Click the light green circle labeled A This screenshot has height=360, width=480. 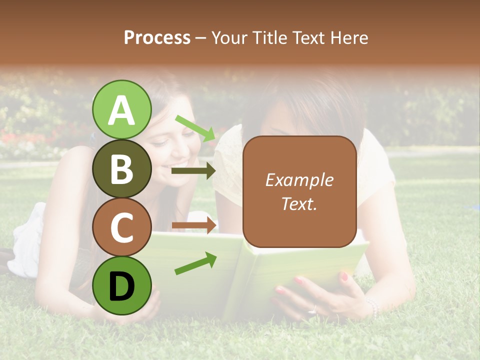122,109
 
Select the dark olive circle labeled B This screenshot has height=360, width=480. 122,168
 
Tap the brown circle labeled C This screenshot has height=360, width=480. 122,227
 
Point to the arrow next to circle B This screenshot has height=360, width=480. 193,171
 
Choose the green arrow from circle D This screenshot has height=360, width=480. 195,263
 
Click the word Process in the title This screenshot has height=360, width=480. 157,37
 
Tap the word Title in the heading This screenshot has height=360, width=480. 270,37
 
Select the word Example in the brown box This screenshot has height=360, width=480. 299,180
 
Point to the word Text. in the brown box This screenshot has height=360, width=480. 299,203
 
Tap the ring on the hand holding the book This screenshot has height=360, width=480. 313,310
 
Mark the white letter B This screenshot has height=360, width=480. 122,169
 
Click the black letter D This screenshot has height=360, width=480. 122,286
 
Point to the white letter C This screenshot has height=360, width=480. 122,228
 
